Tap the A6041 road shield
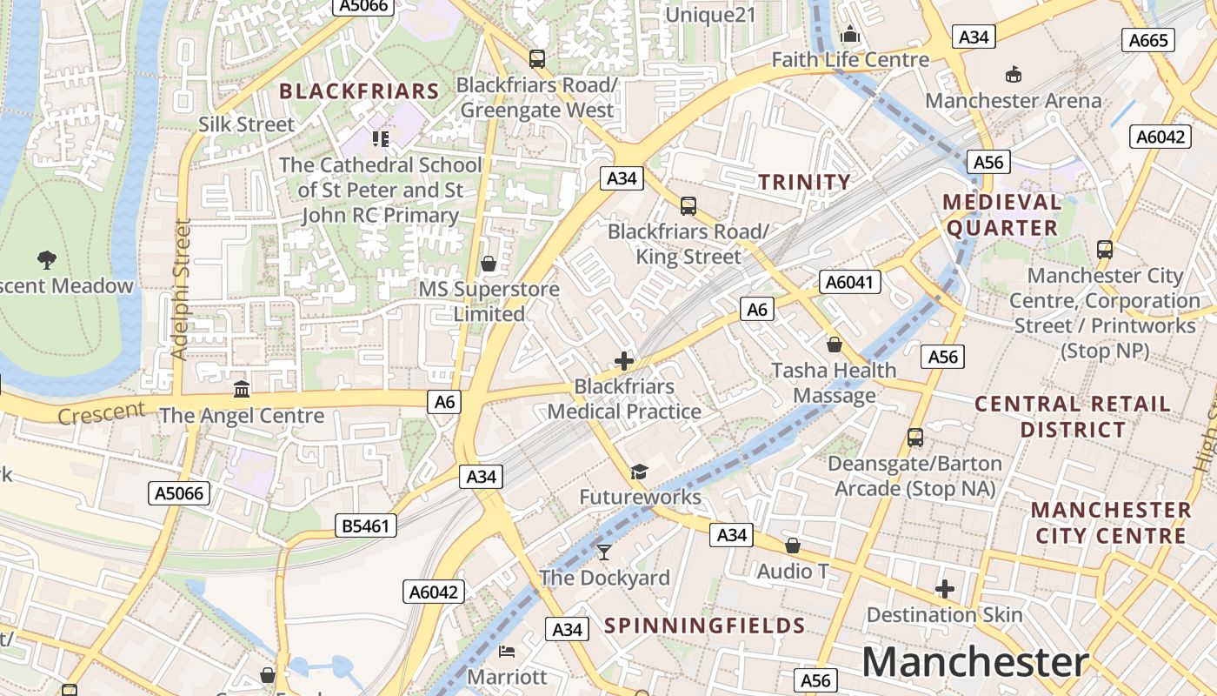[x=850, y=282]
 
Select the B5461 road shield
[x=366, y=525]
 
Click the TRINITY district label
[x=804, y=182]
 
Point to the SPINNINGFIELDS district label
[x=704, y=626]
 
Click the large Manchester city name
[x=974, y=662]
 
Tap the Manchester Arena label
[x=1013, y=100]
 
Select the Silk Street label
[x=247, y=124]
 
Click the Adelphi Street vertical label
[x=181, y=289]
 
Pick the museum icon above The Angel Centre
[x=242, y=388]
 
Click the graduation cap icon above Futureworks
[x=640, y=472]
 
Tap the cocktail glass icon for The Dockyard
[x=604, y=552]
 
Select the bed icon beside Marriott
[x=507, y=652]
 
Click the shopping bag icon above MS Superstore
[x=489, y=264]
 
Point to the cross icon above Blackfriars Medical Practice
[x=623, y=361]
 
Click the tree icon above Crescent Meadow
[x=47, y=258]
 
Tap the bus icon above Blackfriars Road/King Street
[x=688, y=206]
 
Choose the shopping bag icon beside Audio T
[x=792, y=545]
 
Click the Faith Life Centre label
[x=850, y=60]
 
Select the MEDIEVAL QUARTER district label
[x=1001, y=215]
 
